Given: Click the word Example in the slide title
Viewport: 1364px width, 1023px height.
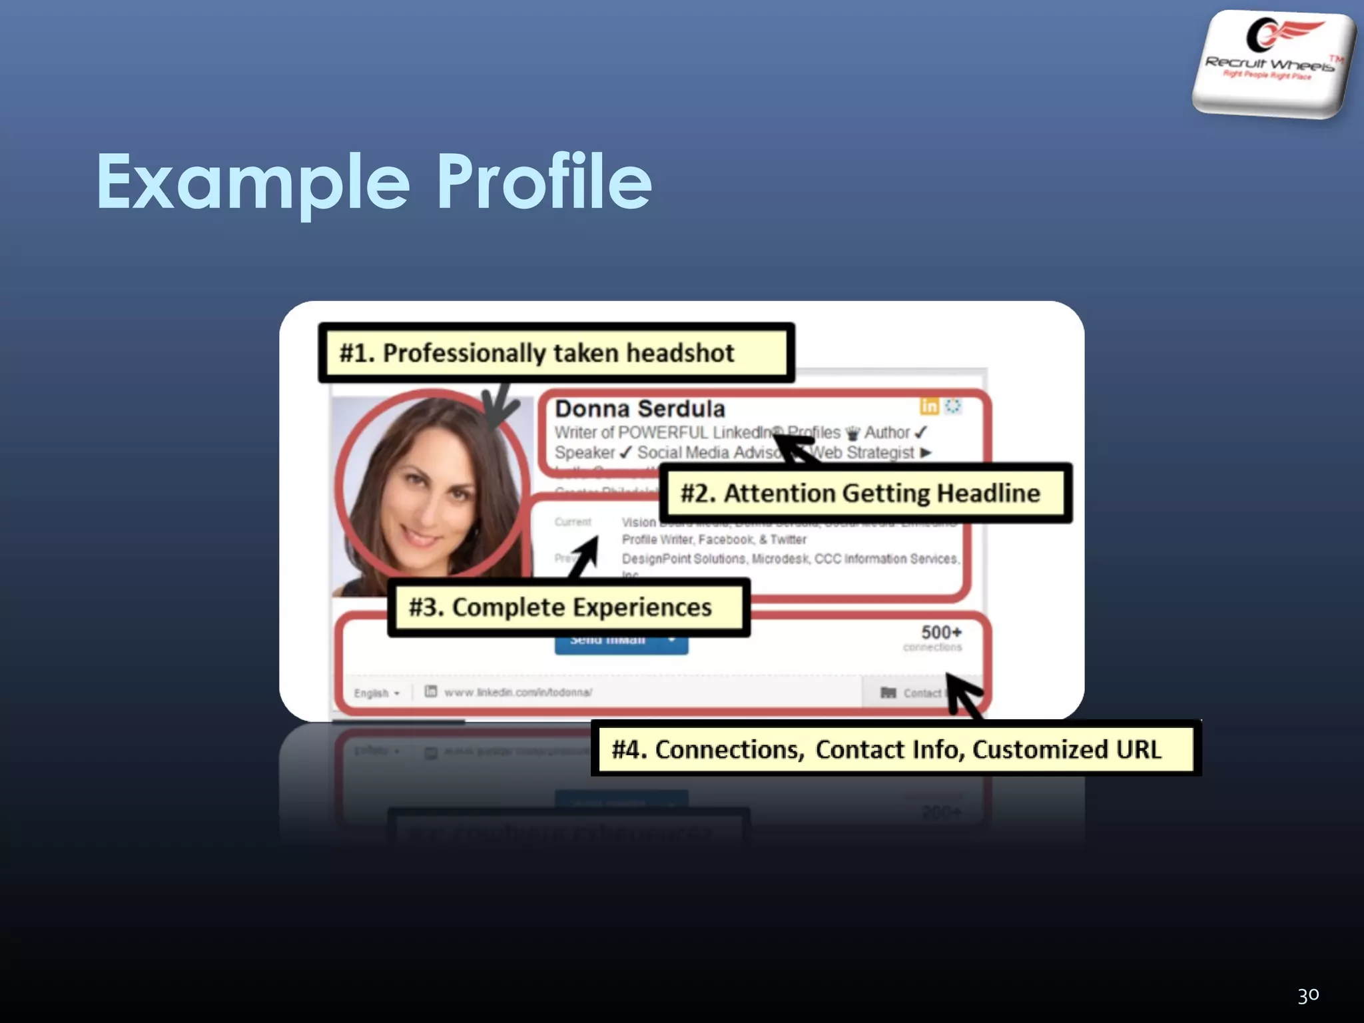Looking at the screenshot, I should (x=253, y=182).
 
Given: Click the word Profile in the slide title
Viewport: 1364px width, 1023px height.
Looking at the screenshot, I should (x=544, y=180).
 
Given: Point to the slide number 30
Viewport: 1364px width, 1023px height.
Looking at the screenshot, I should (x=1308, y=995).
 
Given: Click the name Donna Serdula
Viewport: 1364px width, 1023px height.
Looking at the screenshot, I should (x=640, y=408).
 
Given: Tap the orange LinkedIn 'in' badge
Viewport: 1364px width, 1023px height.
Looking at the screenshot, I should (x=928, y=406).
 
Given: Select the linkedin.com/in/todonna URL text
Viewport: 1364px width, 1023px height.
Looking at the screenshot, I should (x=518, y=693).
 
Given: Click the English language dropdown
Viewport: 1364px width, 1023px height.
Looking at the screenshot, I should (x=376, y=693).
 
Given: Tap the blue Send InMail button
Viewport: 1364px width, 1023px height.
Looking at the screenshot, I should (x=620, y=642).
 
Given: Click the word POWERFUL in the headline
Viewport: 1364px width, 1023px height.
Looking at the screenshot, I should (x=663, y=433).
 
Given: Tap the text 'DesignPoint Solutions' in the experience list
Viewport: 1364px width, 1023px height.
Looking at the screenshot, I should (x=683, y=559).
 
